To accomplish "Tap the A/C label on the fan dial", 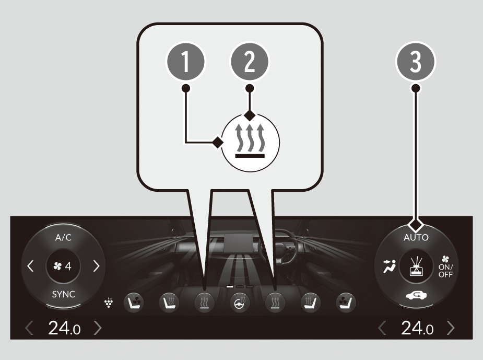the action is [x=64, y=238].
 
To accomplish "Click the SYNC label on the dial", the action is [x=64, y=294].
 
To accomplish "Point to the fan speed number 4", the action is [x=68, y=266].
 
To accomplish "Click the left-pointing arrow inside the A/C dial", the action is [x=30, y=265].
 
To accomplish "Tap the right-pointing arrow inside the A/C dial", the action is [x=97, y=265].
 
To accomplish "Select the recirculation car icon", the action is [x=416, y=296].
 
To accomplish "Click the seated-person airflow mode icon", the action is [x=390, y=266].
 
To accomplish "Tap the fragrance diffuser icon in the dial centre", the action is [x=416, y=266].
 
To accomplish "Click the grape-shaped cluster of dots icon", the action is [x=109, y=303].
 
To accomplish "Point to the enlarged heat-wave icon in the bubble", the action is [x=251, y=143].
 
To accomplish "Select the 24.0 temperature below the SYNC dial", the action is [x=64, y=328].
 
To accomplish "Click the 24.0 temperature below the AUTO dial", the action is [x=417, y=328].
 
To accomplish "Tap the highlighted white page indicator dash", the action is [x=230, y=286].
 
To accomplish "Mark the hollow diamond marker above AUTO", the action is [x=416, y=225].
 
